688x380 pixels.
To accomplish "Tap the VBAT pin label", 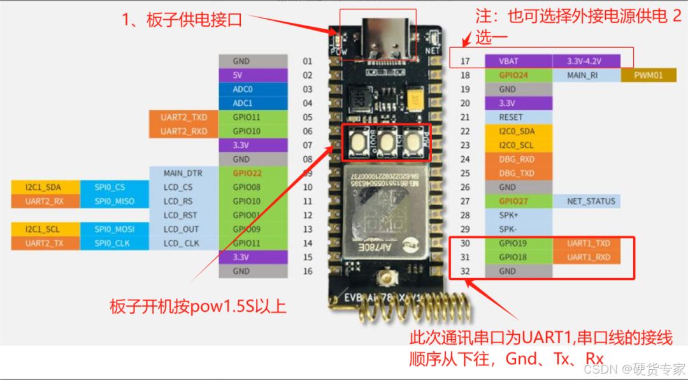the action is pyautogui.click(x=508, y=61).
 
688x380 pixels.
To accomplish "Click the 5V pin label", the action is pyautogui.click(x=241, y=75).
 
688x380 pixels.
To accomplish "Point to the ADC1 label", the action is pyautogui.click(x=241, y=103).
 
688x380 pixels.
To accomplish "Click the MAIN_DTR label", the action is pyautogui.click(x=182, y=173).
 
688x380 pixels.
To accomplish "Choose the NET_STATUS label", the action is pyautogui.click(x=591, y=201).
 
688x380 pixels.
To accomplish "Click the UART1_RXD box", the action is pyautogui.click(x=589, y=257).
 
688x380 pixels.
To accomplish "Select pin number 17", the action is pyautogui.click(x=465, y=61).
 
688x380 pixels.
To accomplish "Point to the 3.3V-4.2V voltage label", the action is pyautogui.click(x=584, y=61).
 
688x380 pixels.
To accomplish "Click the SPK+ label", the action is pyautogui.click(x=508, y=216).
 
